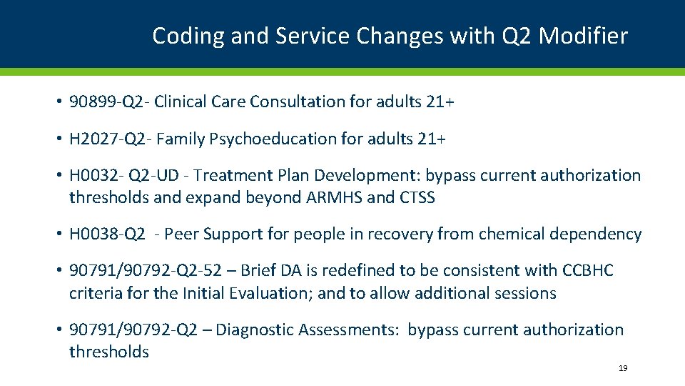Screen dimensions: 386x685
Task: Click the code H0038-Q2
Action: click(107, 234)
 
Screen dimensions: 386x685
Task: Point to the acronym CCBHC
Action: click(588, 270)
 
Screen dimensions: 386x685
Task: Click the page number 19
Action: click(623, 368)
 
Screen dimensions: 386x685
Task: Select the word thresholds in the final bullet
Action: click(109, 352)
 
